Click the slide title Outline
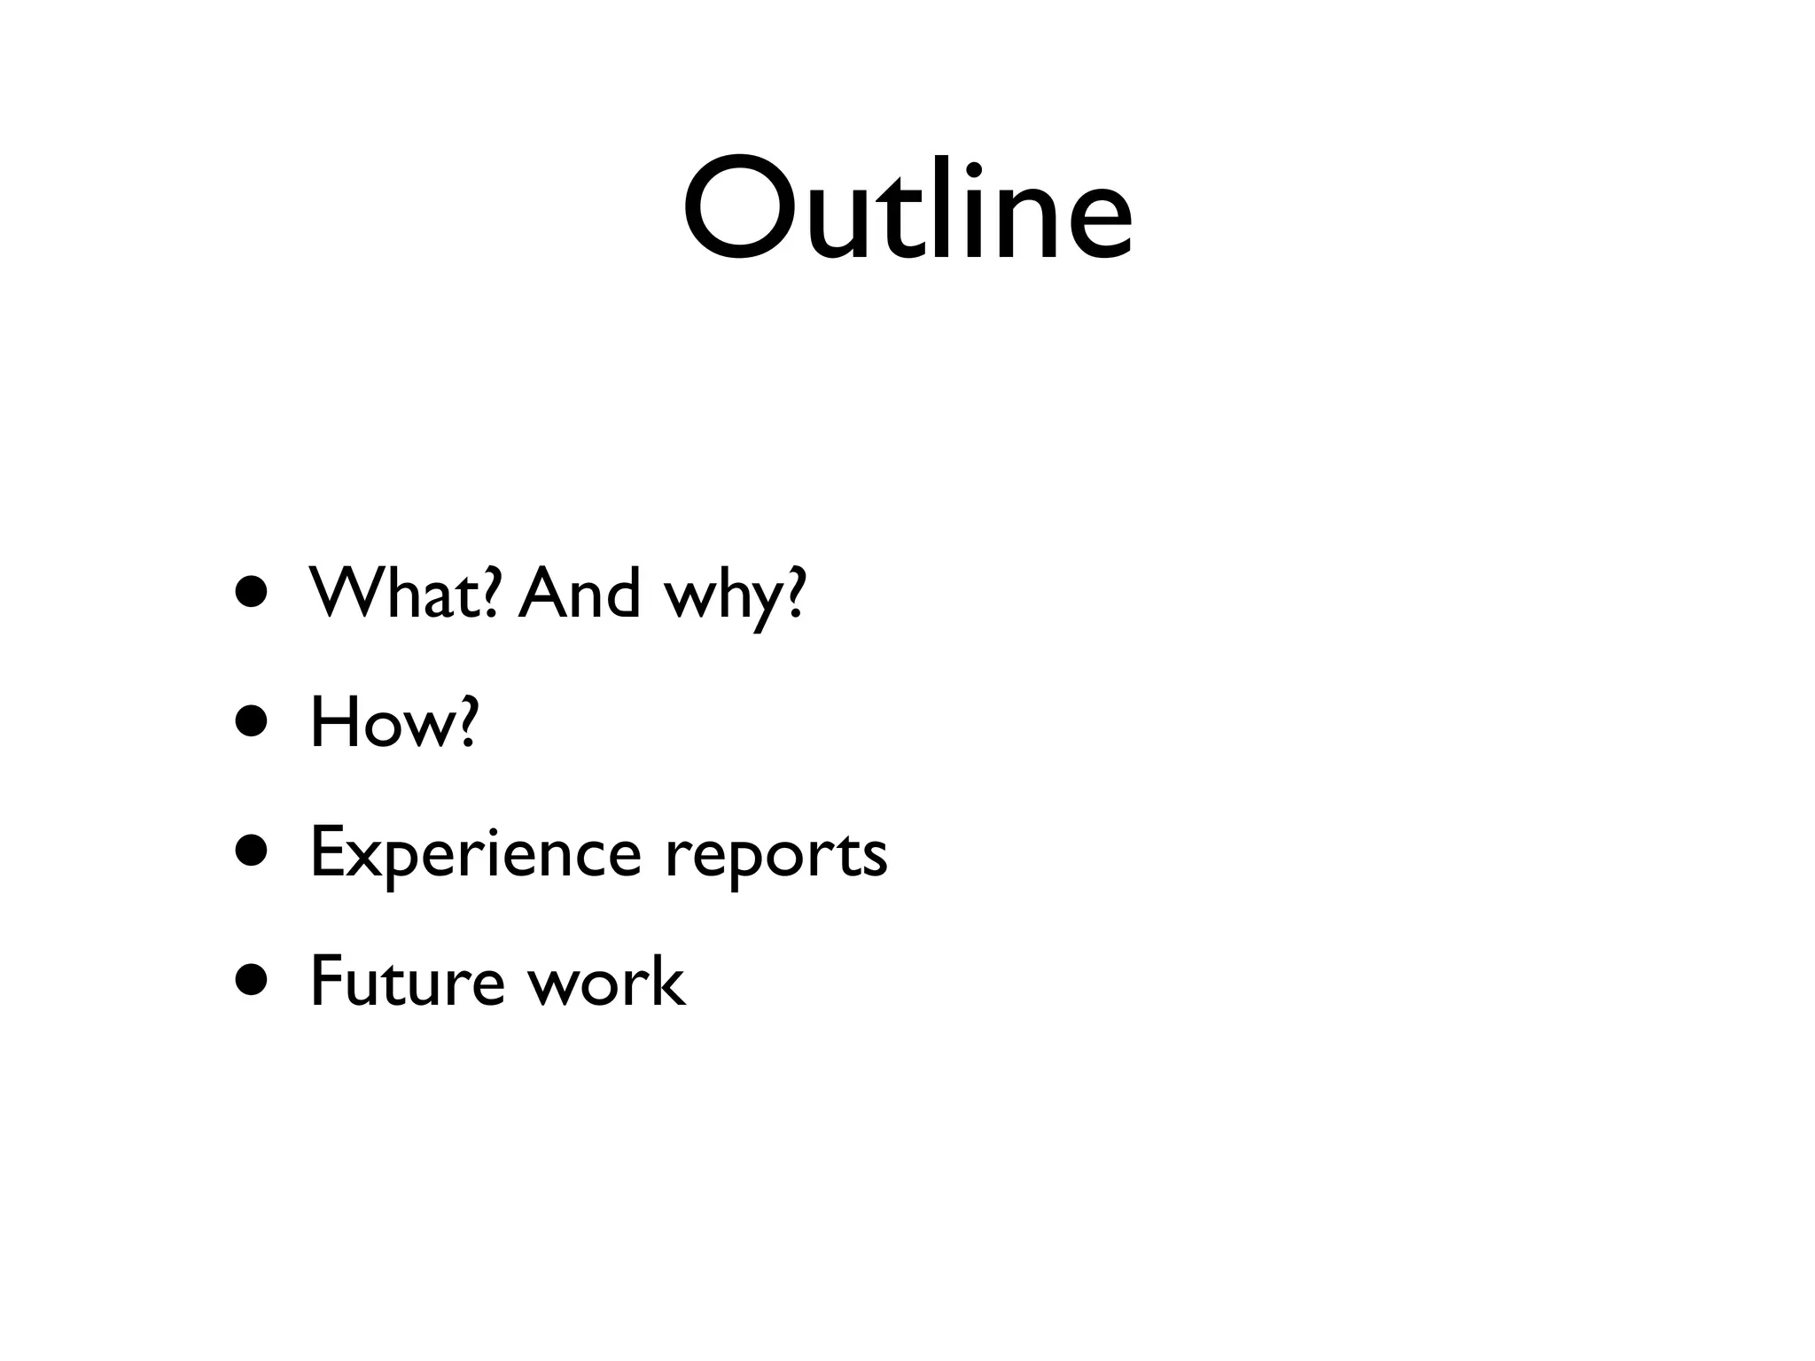pos(907,210)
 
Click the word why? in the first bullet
pos(735,595)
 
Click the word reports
pos(775,855)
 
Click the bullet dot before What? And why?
pos(251,594)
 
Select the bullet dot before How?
pos(251,721)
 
